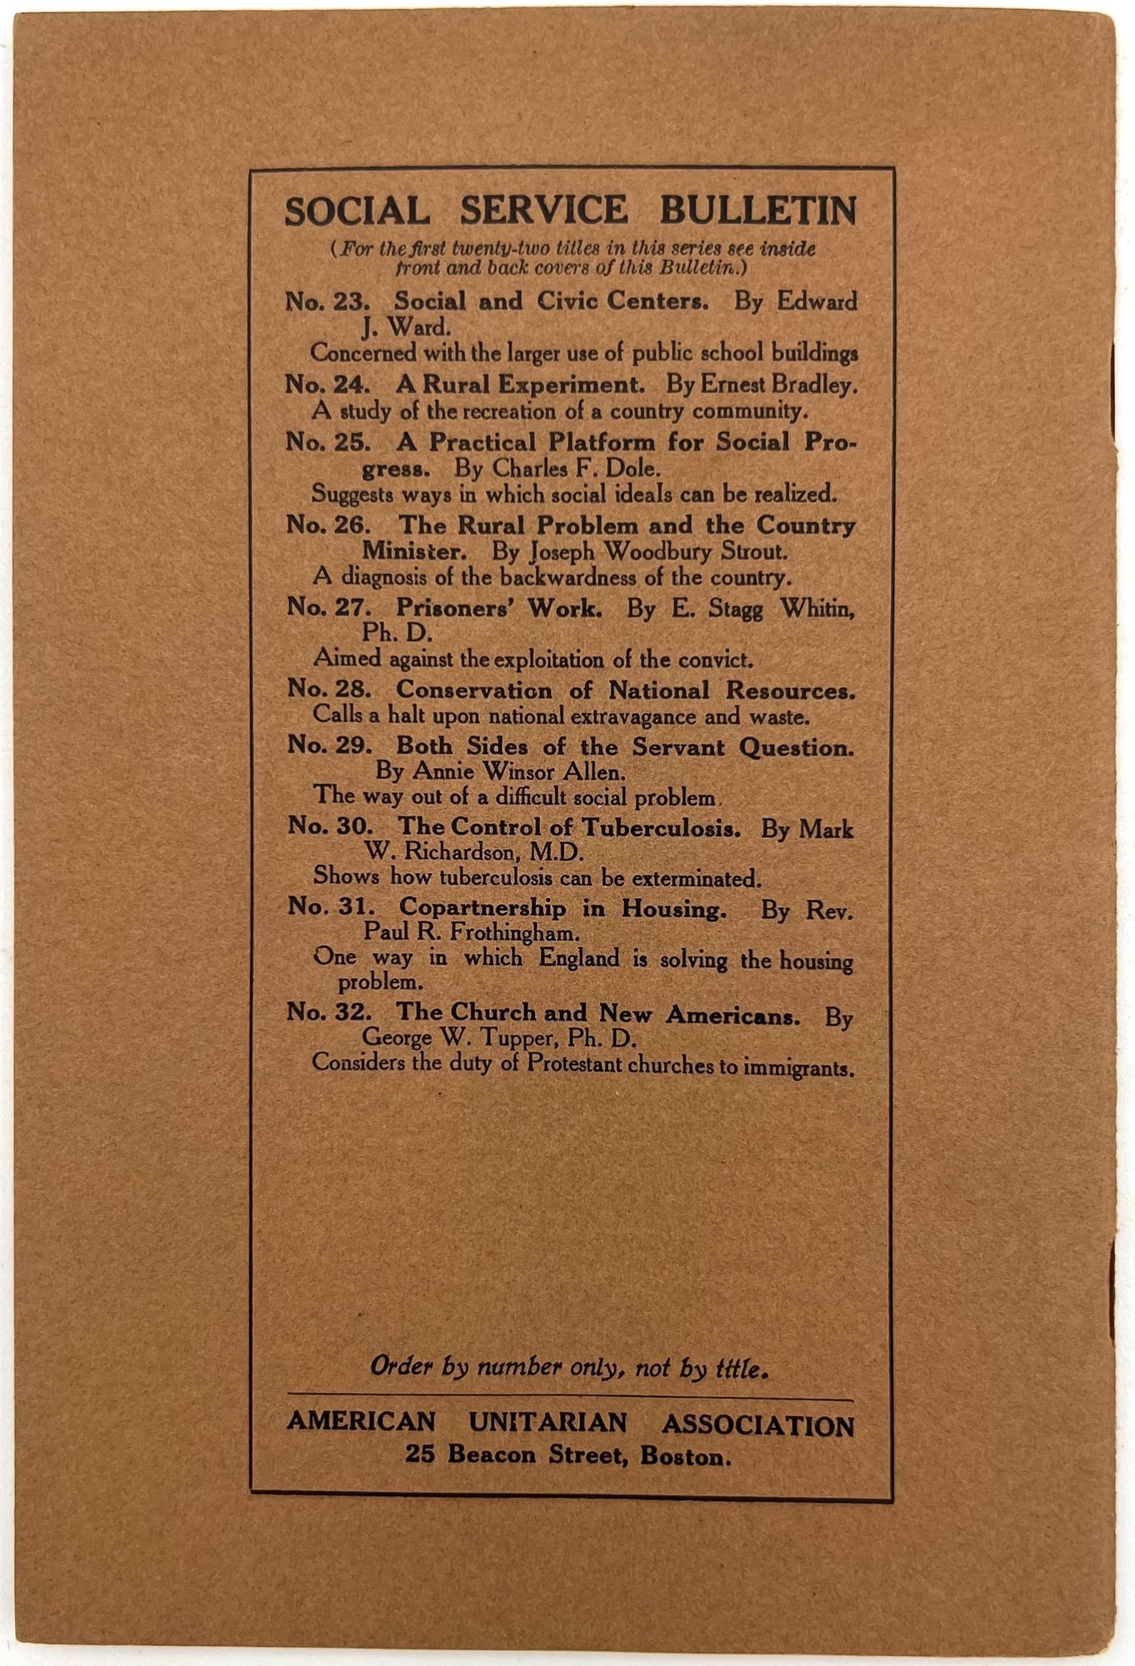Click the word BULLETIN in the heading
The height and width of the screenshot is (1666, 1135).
tap(757, 211)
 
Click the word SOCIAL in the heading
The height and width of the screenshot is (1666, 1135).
tap(357, 211)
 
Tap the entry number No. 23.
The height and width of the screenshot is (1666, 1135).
tap(327, 301)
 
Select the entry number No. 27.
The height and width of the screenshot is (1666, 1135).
tap(328, 607)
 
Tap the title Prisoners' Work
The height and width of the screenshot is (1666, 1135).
tap(498, 608)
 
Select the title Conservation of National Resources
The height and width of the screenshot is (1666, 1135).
tap(625, 691)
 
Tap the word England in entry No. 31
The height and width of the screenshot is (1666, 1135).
tap(579, 959)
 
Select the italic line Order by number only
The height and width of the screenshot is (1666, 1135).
tap(568, 1368)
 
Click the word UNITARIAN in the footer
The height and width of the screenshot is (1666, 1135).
tap(547, 1423)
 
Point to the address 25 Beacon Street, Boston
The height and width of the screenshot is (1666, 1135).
tap(568, 1455)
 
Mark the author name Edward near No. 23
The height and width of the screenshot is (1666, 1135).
tap(817, 301)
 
